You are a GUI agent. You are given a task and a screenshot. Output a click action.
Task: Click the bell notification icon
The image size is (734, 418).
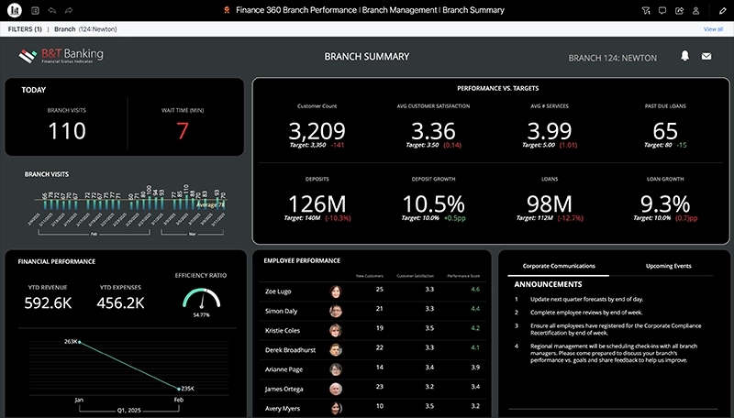point(684,57)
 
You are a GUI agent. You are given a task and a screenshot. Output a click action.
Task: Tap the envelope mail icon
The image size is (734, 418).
point(706,57)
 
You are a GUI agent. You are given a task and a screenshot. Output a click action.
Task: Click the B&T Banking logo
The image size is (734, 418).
point(61,57)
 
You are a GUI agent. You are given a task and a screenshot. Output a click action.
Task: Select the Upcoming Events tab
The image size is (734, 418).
point(669,266)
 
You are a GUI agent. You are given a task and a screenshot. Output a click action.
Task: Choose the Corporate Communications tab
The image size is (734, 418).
point(559,266)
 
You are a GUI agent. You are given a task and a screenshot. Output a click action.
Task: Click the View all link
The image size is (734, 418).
point(713,29)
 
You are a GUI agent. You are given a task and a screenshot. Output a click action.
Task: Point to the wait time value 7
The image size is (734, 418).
point(183,131)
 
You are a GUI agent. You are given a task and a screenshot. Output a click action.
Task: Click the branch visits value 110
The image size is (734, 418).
point(66,131)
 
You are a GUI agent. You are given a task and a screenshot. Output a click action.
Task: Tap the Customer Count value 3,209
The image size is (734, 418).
point(317,130)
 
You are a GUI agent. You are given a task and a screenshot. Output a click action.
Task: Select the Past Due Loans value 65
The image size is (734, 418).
point(665,130)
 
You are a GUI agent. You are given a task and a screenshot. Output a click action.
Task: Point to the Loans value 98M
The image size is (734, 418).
point(550,203)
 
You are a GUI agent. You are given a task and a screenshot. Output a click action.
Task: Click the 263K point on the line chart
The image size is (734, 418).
point(80,343)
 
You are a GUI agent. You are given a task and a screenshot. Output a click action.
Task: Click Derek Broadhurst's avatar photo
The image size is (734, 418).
point(336,348)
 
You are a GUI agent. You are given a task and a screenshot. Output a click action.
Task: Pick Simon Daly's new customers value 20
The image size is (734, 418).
point(380,310)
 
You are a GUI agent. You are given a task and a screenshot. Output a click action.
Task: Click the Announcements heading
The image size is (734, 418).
point(548,284)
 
